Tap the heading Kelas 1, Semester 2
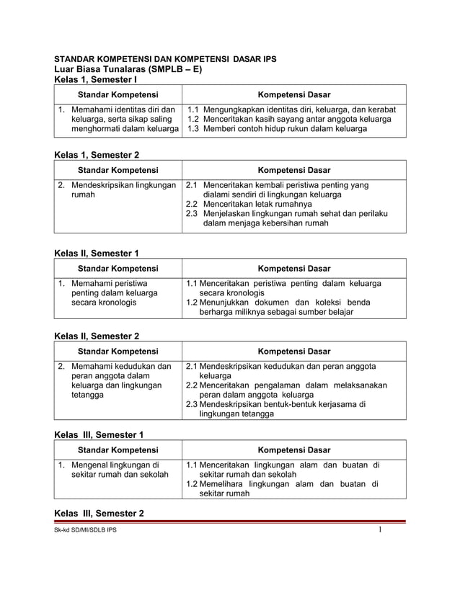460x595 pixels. coord(98,155)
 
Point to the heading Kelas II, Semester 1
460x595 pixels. coord(97,253)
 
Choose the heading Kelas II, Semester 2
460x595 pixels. coord(98,336)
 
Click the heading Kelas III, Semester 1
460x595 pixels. coord(100,434)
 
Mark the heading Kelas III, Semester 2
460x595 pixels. coord(100,514)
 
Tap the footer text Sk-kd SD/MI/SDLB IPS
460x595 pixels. coord(85,530)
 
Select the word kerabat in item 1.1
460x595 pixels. coord(379,109)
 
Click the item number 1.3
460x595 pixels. coord(193,129)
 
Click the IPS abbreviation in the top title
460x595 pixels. coord(267,58)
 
